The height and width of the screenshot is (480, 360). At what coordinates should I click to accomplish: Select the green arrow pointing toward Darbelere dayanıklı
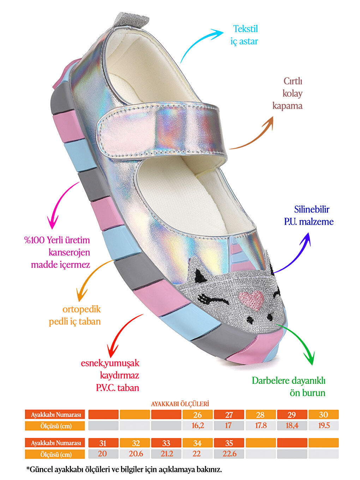[x=300, y=341]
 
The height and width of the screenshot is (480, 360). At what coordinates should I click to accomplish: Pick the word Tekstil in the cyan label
[x=246, y=29]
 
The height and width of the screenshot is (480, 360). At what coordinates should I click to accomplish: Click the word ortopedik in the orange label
[x=82, y=309]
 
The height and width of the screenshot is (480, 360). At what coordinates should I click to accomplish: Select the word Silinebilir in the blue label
[x=312, y=209]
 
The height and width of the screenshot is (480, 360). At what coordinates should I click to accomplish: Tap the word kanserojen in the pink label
[x=69, y=252]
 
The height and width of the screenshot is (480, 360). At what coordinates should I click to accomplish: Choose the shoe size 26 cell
[x=198, y=415]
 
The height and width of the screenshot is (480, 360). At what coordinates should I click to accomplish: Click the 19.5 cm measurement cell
[x=324, y=426]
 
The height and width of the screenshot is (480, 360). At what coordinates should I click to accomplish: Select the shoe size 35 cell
[x=229, y=443]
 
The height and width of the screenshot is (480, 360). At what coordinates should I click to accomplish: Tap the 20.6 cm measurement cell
[x=136, y=454]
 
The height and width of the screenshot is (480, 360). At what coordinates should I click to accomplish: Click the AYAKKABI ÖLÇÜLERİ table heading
[x=180, y=404]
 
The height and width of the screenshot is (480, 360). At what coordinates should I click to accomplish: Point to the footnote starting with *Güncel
[x=124, y=470]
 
